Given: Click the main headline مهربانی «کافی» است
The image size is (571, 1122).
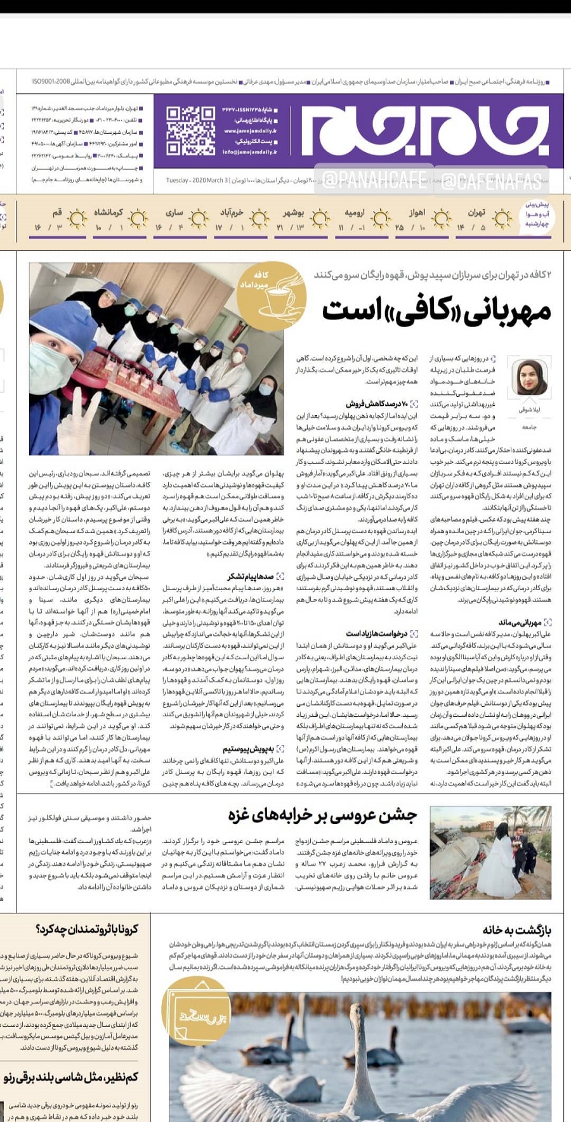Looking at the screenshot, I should (x=436, y=310).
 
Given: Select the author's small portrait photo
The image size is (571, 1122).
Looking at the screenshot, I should (x=528, y=377).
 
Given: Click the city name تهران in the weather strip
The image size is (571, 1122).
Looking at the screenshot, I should (x=476, y=212).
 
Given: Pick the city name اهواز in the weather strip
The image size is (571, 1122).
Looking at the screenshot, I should (x=417, y=212).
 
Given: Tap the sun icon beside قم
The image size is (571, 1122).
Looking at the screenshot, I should (x=77, y=219).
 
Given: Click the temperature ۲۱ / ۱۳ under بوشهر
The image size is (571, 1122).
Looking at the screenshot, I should (x=290, y=228).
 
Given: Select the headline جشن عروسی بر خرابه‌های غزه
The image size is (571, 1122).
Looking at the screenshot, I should (x=323, y=816).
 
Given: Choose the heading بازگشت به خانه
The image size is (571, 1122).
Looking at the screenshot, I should (x=516, y=930).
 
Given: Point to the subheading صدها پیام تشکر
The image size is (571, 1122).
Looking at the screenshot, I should (x=251, y=576).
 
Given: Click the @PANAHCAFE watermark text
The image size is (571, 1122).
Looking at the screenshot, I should (x=374, y=182).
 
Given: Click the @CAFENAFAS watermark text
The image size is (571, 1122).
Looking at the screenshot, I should (x=492, y=182).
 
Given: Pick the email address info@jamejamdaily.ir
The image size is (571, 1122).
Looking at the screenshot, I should (x=249, y=152).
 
